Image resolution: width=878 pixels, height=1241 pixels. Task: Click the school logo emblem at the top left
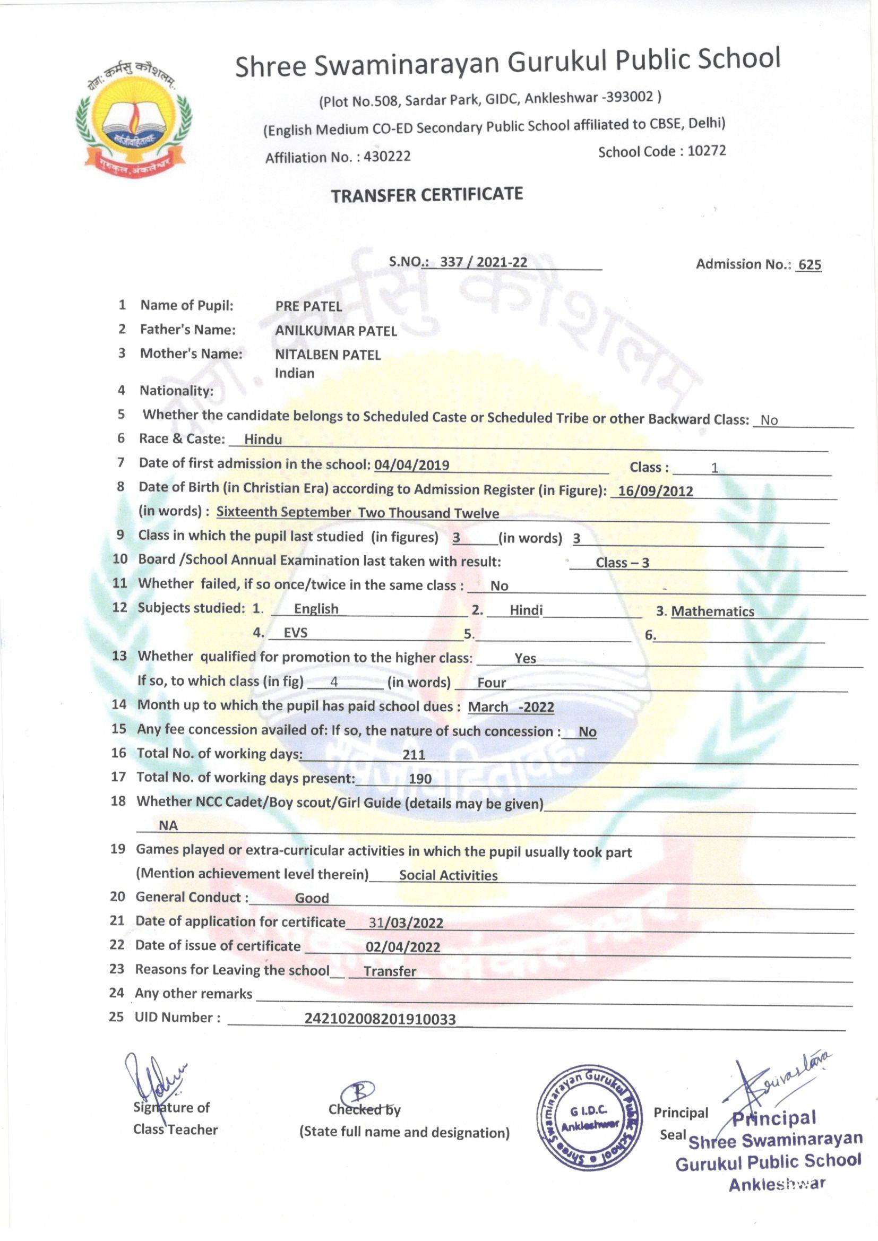[134, 118]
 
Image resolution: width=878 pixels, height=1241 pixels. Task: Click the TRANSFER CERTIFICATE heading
[427, 195]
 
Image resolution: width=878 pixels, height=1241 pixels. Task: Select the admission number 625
[810, 264]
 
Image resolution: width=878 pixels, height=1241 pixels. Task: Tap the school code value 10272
[707, 150]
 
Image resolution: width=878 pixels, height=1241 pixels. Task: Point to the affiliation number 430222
[387, 157]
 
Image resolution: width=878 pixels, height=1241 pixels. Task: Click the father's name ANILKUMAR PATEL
[335, 331]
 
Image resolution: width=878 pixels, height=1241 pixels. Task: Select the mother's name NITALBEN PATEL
[328, 355]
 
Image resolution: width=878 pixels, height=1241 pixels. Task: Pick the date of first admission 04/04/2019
[411, 465]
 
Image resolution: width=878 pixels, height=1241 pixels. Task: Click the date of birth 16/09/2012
[655, 491]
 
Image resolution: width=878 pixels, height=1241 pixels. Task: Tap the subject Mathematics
[712, 611]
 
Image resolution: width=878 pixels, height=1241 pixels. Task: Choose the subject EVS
[296, 632]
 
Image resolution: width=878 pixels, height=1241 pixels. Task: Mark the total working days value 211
[414, 755]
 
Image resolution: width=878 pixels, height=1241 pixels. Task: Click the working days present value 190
[420, 778]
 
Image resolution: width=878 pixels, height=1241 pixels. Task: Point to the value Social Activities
[448, 875]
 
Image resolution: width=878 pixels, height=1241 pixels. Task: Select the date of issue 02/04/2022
[403, 947]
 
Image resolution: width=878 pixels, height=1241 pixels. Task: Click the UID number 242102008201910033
[380, 1019]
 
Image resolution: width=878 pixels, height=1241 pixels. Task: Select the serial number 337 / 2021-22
[484, 262]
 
